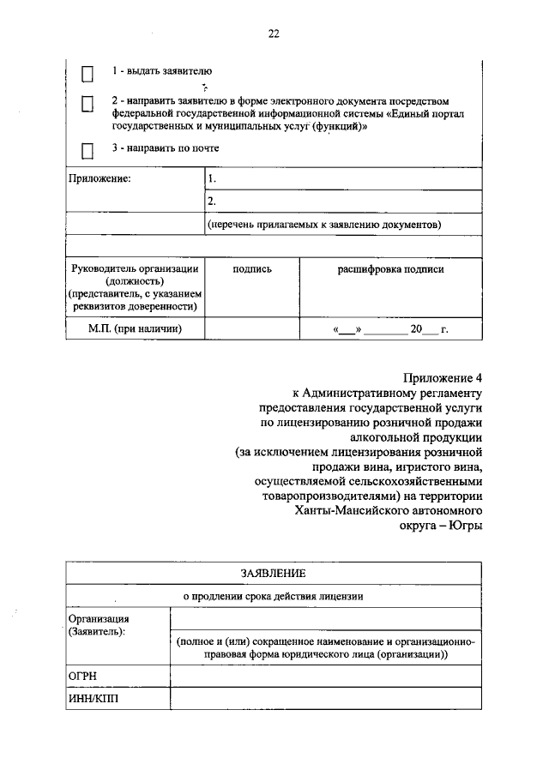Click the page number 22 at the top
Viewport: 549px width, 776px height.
click(273, 33)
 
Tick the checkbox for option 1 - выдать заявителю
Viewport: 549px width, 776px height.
click(87, 75)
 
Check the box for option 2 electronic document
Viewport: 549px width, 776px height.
click(87, 104)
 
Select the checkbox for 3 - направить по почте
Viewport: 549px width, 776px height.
click(87, 151)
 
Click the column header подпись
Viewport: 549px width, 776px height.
click(252, 269)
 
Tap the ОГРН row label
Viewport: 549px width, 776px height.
click(82, 677)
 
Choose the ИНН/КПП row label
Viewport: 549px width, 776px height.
click(90, 700)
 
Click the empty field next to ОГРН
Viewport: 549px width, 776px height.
click(326, 677)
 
